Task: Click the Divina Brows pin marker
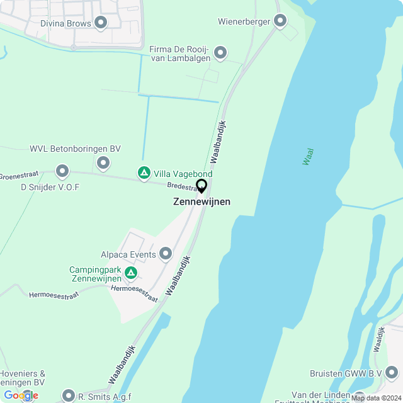coord(100,23)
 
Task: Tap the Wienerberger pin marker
coord(281,21)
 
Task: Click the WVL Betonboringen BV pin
coord(103,164)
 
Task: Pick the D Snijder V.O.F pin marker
coord(62,171)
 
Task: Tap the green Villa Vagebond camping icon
coord(144,173)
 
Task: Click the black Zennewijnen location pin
coord(201,186)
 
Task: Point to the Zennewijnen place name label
coord(201,201)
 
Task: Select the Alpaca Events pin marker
coord(166,254)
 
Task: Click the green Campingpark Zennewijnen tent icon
coord(131,273)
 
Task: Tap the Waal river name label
coord(308,156)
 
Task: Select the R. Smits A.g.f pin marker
coord(69,396)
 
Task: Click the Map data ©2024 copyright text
coord(375,398)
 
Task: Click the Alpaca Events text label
coord(128,255)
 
